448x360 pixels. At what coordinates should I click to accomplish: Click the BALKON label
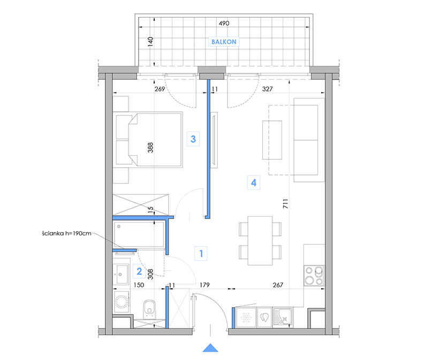[x=224, y=42]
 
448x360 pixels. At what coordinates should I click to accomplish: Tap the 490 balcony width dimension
[x=224, y=24]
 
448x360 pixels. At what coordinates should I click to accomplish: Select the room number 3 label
[x=193, y=139]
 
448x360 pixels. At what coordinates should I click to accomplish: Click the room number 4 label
[x=253, y=182]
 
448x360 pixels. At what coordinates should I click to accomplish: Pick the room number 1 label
[x=201, y=254]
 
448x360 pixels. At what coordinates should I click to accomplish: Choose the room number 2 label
[x=139, y=271]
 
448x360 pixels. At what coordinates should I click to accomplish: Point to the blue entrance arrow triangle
[x=210, y=348]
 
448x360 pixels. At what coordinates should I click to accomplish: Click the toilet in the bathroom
[x=149, y=309]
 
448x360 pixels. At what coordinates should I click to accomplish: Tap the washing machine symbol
[x=122, y=301]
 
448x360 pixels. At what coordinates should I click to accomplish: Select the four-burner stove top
[x=314, y=275]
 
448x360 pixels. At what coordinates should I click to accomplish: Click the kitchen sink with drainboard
[x=283, y=317]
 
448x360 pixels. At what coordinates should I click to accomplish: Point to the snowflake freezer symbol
[x=246, y=317]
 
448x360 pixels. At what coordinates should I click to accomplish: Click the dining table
[x=260, y=241]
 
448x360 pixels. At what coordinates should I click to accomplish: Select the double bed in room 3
[x=149, y=139]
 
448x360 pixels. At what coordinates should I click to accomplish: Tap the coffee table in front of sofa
[x=272, y=140]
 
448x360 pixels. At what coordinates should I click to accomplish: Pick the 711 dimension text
[x=286, y=204]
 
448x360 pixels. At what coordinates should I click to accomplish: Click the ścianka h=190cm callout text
[x=66, y=234]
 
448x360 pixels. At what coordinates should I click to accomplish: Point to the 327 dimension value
[x=268, y=89]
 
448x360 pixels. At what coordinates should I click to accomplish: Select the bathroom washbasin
[x=122, y=274]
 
